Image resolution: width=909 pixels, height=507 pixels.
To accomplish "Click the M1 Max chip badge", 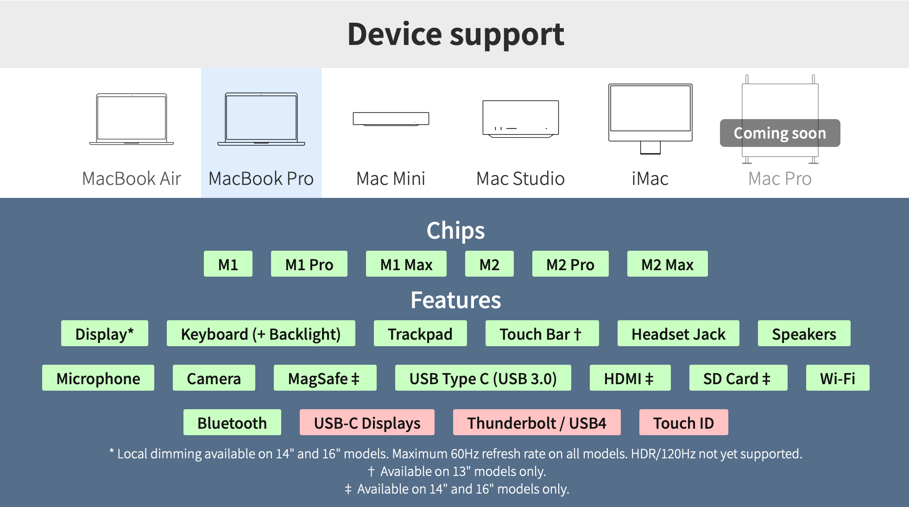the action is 406,264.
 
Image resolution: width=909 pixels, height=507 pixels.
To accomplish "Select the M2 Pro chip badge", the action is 570,264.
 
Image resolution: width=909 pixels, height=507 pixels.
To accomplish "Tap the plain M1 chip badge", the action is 228,264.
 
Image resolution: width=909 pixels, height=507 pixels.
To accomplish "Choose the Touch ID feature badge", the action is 683,422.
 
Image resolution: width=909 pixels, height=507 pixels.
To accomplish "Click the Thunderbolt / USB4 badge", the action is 537,422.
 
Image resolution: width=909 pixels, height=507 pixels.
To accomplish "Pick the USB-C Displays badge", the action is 367,422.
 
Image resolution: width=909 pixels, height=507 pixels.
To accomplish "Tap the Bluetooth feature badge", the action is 232,422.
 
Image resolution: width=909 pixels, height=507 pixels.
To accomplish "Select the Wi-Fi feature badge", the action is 838,378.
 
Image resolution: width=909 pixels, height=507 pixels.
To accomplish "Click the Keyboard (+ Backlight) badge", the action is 261,333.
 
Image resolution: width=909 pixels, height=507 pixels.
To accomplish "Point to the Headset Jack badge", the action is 678,333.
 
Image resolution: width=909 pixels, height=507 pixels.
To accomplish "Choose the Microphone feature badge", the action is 98,378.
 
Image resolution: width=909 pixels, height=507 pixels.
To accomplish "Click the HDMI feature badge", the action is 630,378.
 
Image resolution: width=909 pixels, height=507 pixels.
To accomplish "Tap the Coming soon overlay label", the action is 780,133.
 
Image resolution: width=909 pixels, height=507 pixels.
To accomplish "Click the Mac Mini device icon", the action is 391,119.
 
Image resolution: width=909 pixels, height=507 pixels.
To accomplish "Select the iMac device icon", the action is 650,119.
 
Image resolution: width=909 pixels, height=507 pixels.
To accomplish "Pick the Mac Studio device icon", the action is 521,119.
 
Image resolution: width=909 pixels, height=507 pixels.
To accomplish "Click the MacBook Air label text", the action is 132,178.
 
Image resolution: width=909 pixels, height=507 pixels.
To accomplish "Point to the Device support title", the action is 456,35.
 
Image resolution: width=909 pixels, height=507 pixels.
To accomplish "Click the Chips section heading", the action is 456,230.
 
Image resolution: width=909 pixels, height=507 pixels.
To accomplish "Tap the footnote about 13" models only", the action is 457,471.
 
